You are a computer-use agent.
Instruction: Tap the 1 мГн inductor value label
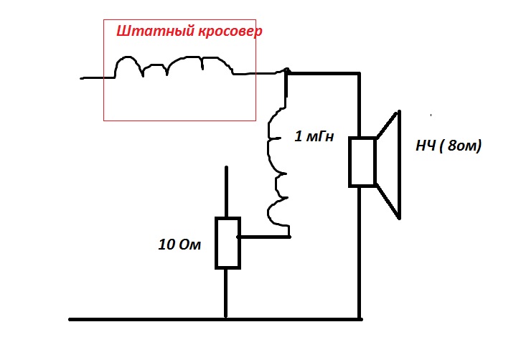314,136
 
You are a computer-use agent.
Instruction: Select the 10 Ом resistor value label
179,245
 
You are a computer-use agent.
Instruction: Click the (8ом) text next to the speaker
460,146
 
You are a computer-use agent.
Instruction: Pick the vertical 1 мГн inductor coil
276,172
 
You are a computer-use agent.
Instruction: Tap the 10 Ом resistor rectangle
226,242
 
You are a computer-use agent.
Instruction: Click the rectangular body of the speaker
362,161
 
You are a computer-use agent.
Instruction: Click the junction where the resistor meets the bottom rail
226,318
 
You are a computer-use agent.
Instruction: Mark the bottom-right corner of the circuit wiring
359,318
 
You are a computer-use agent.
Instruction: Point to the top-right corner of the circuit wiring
359,72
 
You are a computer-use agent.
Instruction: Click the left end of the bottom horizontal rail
70,318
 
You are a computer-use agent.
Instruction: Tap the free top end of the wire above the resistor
226,169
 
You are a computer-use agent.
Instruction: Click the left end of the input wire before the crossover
81,76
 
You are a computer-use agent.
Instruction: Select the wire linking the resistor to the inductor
263,235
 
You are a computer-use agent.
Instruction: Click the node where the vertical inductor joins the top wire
287,72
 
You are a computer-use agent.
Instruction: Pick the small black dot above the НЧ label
431,113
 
